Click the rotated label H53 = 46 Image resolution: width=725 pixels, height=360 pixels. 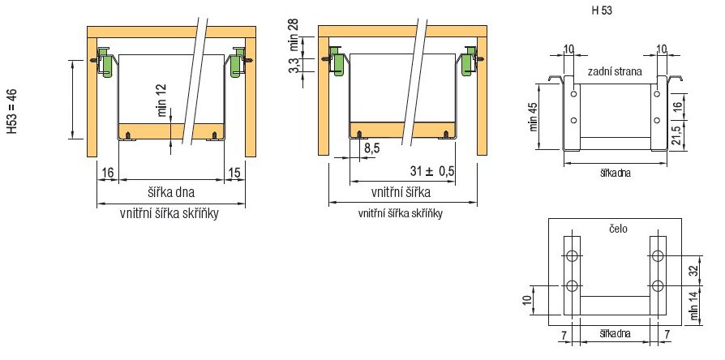click(12, 111)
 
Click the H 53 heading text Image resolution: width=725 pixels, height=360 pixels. click(602, 11)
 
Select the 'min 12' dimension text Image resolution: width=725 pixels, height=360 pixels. click(162, 101)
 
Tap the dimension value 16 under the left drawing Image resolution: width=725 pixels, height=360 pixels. click(107, 173)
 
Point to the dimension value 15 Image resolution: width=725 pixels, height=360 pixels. click(235, 173)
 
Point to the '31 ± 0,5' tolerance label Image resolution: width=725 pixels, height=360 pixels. click(432, 171)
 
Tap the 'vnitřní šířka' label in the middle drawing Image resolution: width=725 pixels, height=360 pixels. click(401, 192)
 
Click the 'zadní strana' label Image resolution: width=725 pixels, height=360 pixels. click(615, 71)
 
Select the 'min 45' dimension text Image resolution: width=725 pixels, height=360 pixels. click(535, 116)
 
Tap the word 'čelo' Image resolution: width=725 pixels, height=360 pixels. click(618, 229)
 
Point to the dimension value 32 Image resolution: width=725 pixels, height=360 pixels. click(693, 272)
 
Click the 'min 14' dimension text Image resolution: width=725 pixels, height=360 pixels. click(694, 306)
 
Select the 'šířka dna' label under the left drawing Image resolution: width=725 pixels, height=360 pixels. click(172, 192)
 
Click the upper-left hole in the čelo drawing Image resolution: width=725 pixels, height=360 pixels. click(573, 256)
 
